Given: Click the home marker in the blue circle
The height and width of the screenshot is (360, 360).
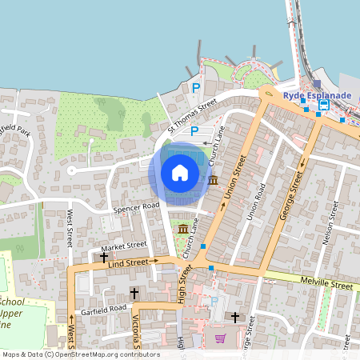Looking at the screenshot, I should click(x=180, y=173).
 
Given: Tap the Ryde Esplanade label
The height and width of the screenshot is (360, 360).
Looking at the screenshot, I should click(x=317, y=94).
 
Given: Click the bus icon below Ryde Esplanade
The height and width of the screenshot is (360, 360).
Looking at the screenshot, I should click(x=324, y=105).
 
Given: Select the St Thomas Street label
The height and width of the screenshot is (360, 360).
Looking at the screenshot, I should click(x=192, y=115).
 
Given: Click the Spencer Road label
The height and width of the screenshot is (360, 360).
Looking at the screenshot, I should click(x=137, y=207).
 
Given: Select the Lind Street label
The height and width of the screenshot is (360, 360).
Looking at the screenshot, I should click(x=128, y=262).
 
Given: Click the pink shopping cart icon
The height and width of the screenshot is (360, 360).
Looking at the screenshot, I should click(x=220, y=338).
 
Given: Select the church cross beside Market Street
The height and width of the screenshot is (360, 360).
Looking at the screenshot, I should click(x=104, y=258).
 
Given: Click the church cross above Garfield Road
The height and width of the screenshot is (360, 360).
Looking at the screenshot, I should click(x=134, y=294).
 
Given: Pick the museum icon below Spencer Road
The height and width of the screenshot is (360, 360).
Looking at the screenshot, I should click(x=183, y=230).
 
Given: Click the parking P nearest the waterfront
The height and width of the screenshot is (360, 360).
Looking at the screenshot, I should click(x=195, y=88).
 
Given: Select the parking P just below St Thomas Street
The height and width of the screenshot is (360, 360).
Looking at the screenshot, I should click(x=194, y=130).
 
